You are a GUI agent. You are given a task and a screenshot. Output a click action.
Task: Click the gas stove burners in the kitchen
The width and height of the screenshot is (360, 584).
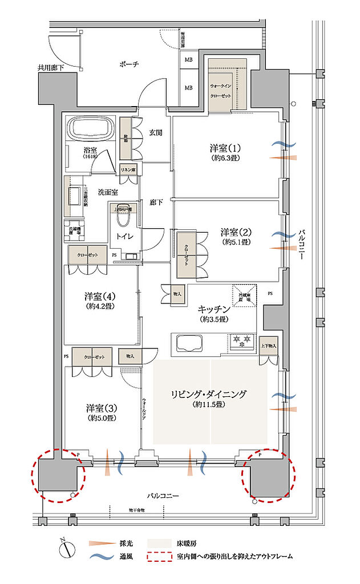[x=240, y=343]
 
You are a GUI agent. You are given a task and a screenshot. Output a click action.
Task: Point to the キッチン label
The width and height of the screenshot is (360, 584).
[x=213, y=309]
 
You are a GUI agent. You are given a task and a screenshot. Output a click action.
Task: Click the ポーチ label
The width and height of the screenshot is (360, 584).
[x=130, y=64]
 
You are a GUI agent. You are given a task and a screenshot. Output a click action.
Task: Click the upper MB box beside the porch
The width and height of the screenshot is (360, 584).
[x=188, y=58]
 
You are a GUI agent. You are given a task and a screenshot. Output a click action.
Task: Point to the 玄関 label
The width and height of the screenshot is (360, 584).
[x=156, y=132]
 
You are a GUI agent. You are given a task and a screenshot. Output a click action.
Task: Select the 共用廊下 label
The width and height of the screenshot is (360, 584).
[x=51, y=67]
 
